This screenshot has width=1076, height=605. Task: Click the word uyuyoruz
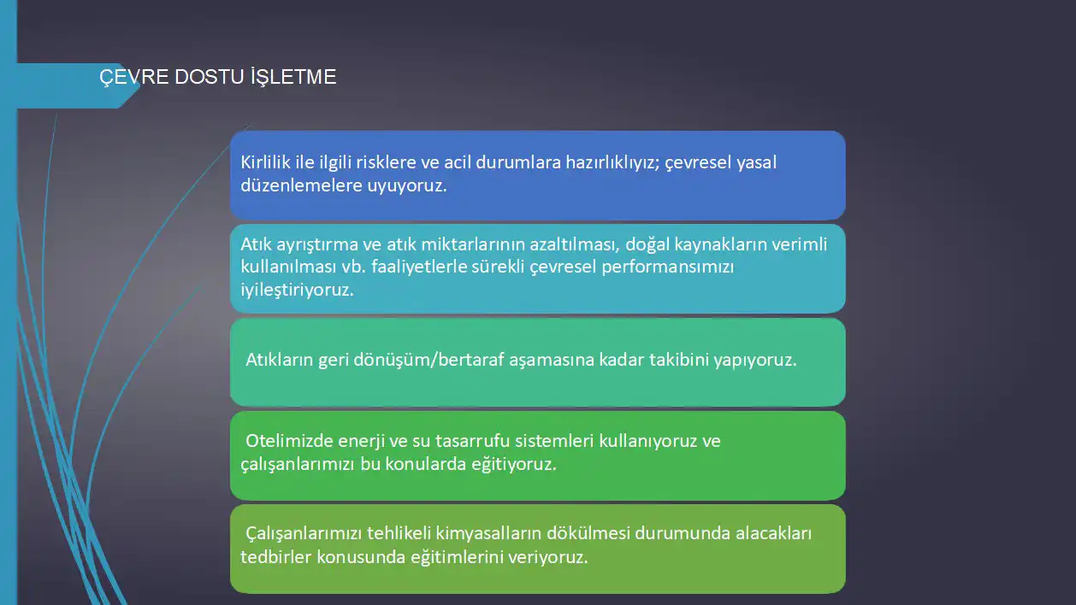[407, 186]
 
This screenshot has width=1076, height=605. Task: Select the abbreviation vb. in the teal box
[353, 267]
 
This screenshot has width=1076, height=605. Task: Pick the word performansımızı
[668, 267]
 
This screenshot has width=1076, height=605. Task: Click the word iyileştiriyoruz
[297, 290]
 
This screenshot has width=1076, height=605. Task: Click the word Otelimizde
[289, 441]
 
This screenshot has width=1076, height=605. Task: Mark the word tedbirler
[275, 557]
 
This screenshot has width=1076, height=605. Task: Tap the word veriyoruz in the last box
[547, 558]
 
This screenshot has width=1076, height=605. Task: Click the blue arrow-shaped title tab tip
[139, 86]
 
